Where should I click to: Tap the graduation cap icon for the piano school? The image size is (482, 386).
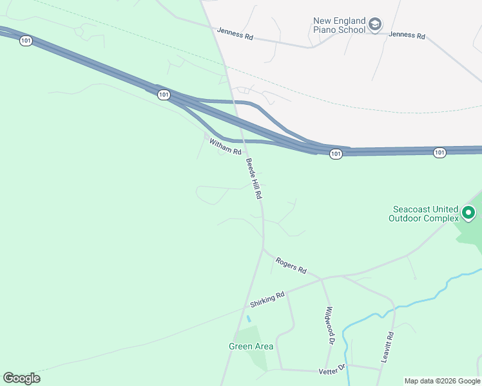(x=374, y=25)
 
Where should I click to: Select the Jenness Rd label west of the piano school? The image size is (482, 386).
(x=235, y=33)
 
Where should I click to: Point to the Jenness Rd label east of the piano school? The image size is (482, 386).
(x=407, y=36)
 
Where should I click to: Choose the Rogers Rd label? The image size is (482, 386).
(x=291, y=264)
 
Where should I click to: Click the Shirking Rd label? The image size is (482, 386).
(x=267, y=300)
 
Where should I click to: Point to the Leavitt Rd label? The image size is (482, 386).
(x=387, y=348)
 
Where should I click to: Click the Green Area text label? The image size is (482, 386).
(x=251, y=346)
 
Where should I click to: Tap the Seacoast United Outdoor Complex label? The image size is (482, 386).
(x=423, y=214)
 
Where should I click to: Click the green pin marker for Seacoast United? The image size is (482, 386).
(x=469, y=212)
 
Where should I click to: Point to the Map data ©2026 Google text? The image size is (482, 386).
(x=442, y=381)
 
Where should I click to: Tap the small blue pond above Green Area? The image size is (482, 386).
(x=249, y=318)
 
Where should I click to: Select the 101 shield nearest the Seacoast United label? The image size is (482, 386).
(x=439, y=152)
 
